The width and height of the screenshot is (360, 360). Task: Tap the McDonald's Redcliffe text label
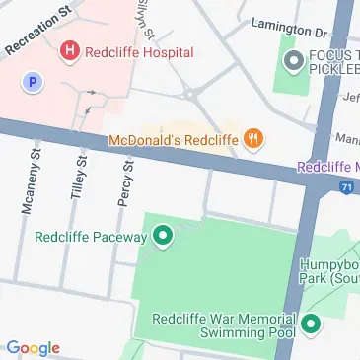(x=172, y=139)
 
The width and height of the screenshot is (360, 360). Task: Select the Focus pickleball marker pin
(x=293, y=64)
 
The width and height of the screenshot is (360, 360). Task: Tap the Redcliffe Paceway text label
(x=90, y=237)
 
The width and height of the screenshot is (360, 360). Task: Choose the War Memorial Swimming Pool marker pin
(x=312, y=324)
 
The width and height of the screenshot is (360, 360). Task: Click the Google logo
(x=34, y=348)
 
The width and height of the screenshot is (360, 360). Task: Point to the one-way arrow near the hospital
(x=91, y=94)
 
